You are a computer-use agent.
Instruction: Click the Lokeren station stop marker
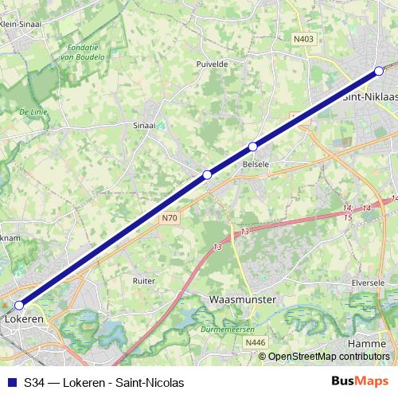click(19, 304)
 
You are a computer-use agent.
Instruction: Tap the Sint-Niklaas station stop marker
click(379, 72)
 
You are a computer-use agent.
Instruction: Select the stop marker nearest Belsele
click(253, 146)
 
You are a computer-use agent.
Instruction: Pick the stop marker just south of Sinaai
click(207, 174)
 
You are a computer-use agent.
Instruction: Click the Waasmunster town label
click(241, 299)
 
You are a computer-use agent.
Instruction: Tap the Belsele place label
click(255, 165)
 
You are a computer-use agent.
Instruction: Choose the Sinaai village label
click(145, 125)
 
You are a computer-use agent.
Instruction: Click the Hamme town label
click(366, 342)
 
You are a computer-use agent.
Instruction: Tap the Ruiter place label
click(143, 280)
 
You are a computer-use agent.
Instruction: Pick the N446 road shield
click(255, 342)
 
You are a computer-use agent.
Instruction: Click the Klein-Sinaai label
click(22, 24)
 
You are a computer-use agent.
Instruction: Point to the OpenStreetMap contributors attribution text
click(328, 357)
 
